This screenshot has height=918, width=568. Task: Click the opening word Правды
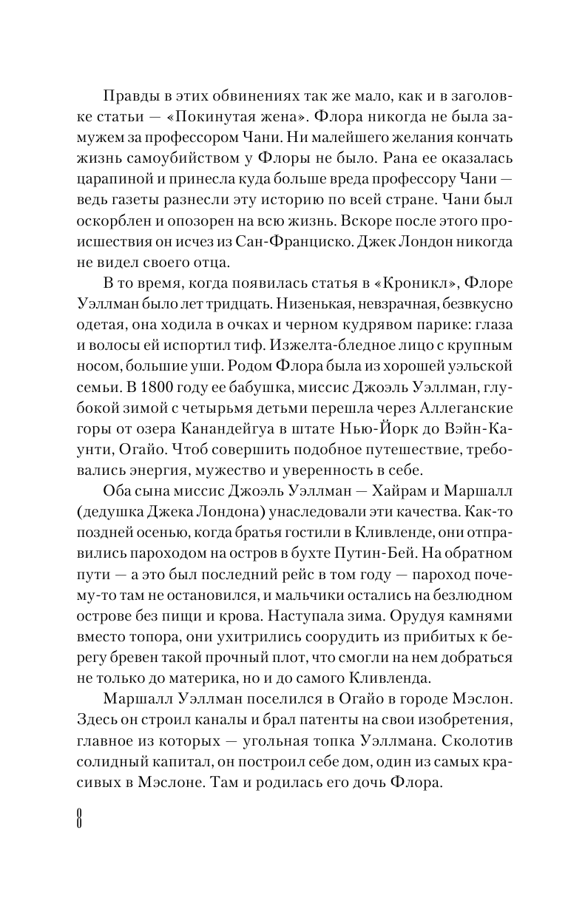(x=129, y=99)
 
